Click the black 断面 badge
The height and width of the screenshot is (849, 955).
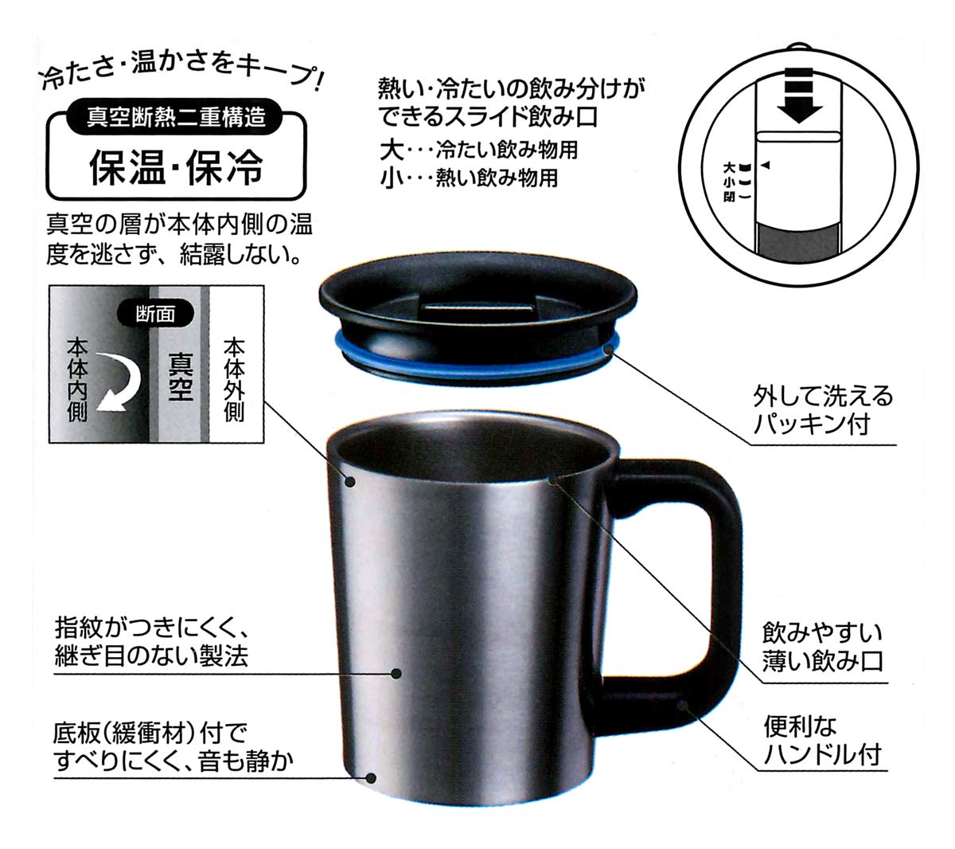[156, 313]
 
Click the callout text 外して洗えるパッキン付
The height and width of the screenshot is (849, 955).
[823, 410]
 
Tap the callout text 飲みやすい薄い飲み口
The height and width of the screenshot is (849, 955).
[823, 648]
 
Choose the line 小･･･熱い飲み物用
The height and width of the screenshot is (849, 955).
[470, 178]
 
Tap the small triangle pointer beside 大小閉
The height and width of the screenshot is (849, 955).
[767, 165]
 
